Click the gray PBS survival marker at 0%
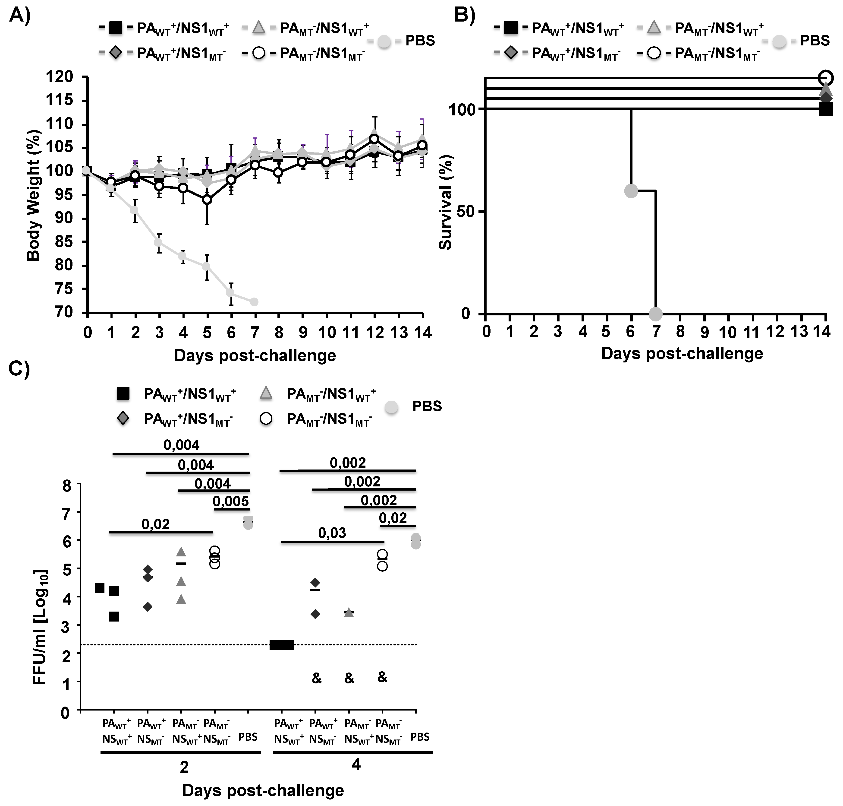click(655, 314)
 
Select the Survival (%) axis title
click(446, 202)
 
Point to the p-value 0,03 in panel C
click(332, 533)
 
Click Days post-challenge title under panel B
click(682, 353)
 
